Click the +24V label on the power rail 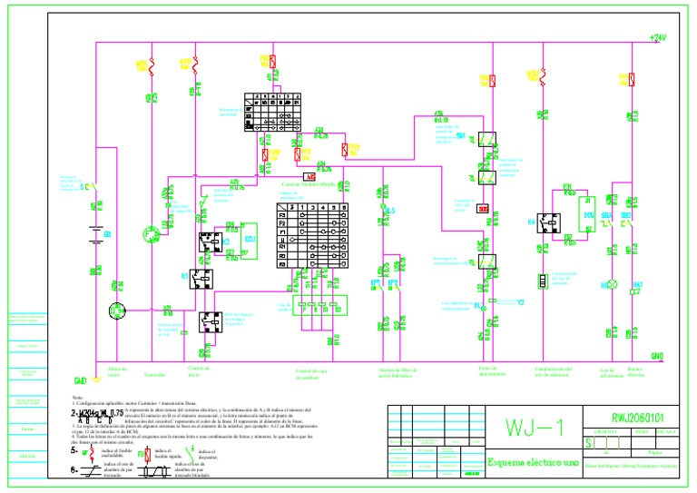pos(657,37)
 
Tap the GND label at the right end pos(657,356)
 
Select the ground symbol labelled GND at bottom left pos(80,380)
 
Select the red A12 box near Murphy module pos(309,176)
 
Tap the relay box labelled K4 pos(547,222)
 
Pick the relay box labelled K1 pos(200,278)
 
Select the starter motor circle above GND pos(115,311)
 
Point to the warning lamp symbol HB pos(611,285)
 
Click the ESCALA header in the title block pos(667,432)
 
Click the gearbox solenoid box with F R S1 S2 pos(319,308)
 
